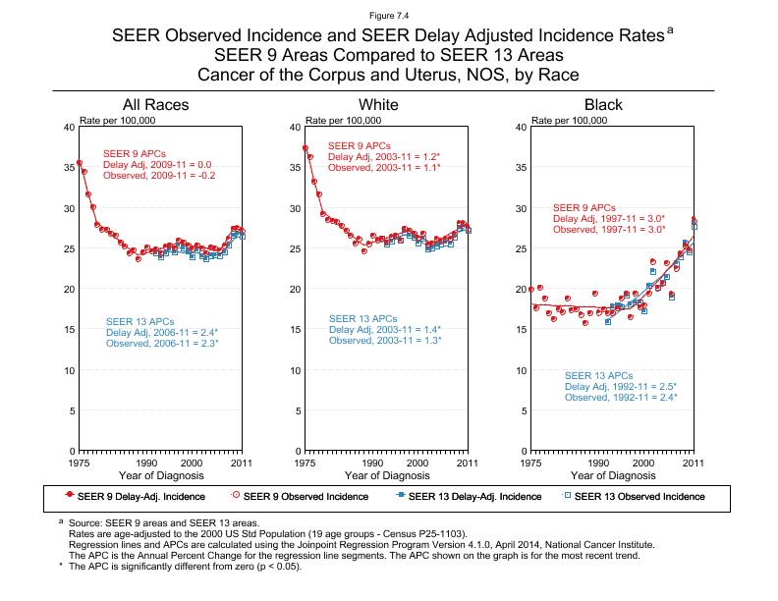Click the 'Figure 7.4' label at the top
tap(389, 15)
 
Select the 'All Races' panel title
tap(155, 105)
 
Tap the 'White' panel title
tap(379, 105)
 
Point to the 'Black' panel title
tap(603, 105)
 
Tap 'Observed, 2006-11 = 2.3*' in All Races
tap(162, 344)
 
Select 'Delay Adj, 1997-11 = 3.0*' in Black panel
tap(609, 219)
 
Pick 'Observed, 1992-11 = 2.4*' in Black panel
tap(621, 398)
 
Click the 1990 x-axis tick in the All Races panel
tap(146, 462)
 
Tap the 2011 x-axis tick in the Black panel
tap(694, 462)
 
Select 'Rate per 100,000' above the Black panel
tap(569, 121)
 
